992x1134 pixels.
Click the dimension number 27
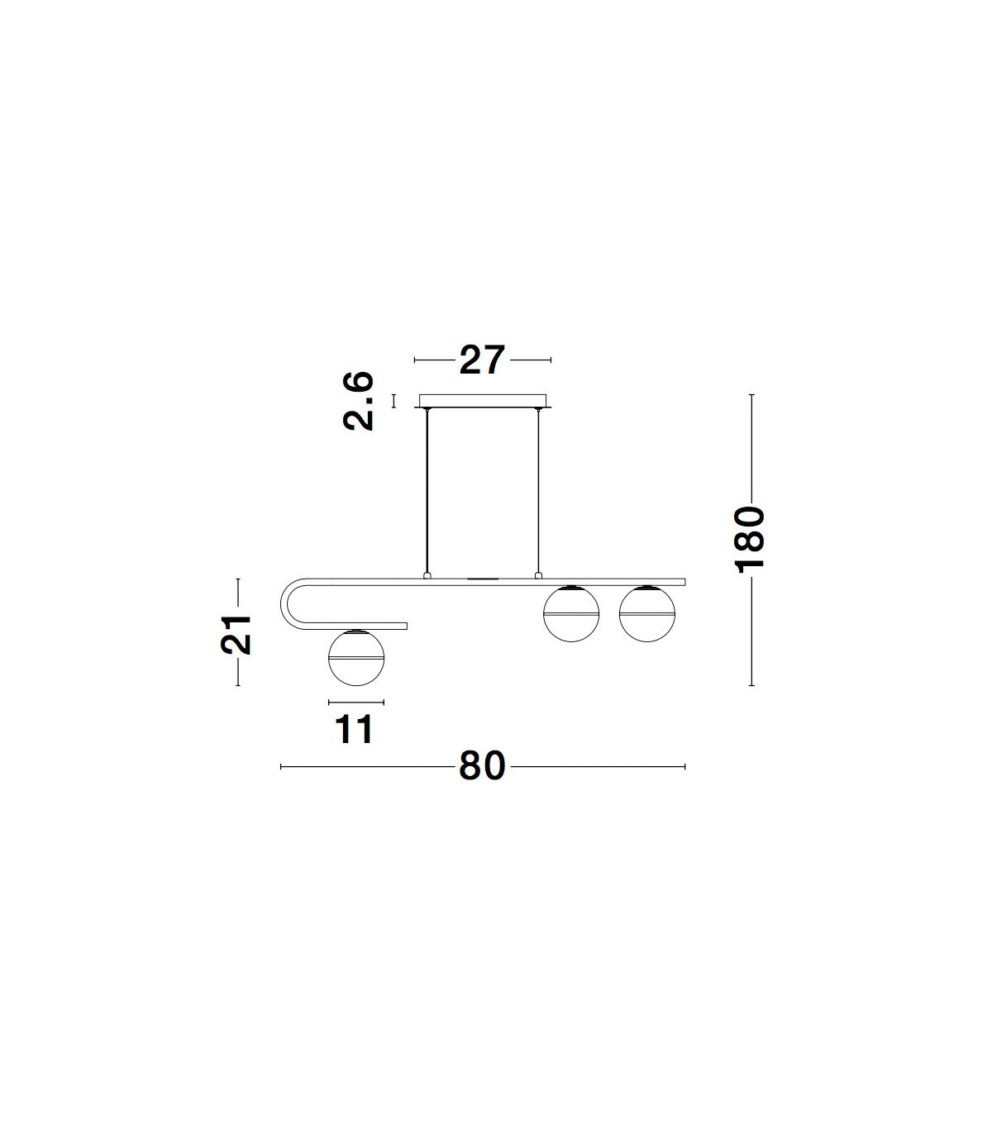click(482, 360)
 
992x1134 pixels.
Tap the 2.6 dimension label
click(359, 401)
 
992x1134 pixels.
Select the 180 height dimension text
click(749, 539)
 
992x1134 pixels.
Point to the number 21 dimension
click(236, 635)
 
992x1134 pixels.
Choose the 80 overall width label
click(482, 766)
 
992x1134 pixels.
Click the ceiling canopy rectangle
click(483, 401)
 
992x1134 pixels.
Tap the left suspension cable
click(427, 492)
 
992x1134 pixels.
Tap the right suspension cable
click(537, 492)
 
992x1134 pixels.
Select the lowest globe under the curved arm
click(356, 658)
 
